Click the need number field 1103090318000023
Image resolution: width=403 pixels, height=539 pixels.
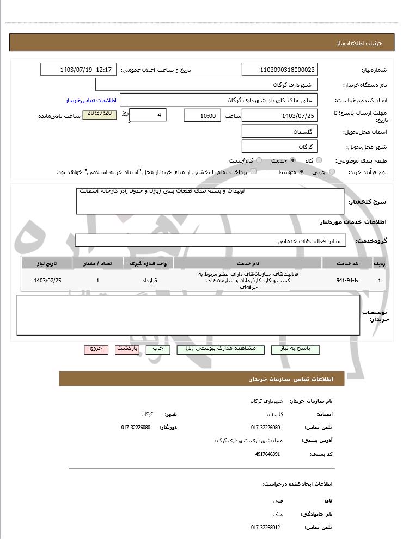[x=279, y=70]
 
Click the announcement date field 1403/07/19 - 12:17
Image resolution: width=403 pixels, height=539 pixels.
[x=78, y=70]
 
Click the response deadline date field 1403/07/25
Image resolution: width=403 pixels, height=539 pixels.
[x=279, y=115]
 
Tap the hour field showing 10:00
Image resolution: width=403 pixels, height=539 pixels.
[x=202, y=115]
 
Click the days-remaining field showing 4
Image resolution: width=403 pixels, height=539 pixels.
[x=148, y=115]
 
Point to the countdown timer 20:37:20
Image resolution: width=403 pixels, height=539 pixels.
[x=99, y=114]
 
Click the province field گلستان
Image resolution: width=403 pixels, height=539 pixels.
[x=279, y=131]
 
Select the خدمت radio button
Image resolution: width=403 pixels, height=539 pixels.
[x=293, y=160]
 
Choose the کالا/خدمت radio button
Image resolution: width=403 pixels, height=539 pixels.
[x=259, y=160]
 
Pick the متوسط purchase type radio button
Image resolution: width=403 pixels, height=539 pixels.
[x=301, y=172]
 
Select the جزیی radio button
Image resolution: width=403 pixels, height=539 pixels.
[x=332, y=172]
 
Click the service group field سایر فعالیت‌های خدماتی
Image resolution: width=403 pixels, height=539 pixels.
[x=210, y=240]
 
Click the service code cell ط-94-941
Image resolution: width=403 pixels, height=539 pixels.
[x=347, y=280]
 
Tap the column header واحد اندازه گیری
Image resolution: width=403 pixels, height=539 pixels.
[x=149, y=263]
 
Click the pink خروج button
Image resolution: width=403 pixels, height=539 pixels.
[x=96, y=349]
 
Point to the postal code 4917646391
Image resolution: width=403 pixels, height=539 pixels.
[x=268, y=454]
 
